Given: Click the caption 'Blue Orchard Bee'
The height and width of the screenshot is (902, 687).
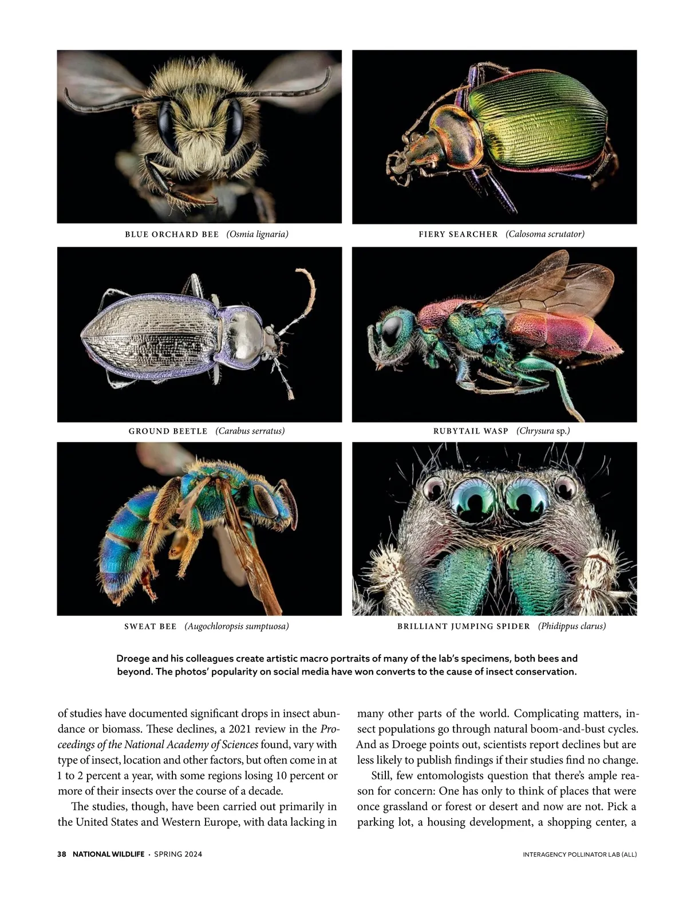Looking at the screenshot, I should click(172, 234).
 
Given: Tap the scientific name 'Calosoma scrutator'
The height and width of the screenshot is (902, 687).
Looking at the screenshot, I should click(545, 234).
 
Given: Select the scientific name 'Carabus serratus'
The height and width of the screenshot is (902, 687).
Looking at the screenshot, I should click(250, 431).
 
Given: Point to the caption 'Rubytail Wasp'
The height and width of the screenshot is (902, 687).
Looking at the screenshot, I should click(471, 431).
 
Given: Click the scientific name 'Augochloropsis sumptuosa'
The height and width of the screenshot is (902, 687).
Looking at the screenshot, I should click(236, 626).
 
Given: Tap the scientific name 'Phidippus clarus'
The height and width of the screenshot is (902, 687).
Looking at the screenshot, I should click(572, 626).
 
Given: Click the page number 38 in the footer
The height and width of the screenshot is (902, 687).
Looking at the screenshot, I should click(62, 854).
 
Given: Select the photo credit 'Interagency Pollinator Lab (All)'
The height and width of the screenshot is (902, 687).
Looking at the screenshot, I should click(579, 854).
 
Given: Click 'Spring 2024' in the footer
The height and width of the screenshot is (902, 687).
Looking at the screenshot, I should click(178, 854).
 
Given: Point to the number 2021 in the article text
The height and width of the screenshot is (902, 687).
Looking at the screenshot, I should click(240, 729).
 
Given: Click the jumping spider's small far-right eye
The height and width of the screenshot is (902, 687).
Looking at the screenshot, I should click(566, 487).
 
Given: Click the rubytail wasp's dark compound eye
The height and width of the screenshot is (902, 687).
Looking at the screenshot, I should click(392, 331).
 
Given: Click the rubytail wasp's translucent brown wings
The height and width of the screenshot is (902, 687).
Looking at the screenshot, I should click(550, 286).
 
